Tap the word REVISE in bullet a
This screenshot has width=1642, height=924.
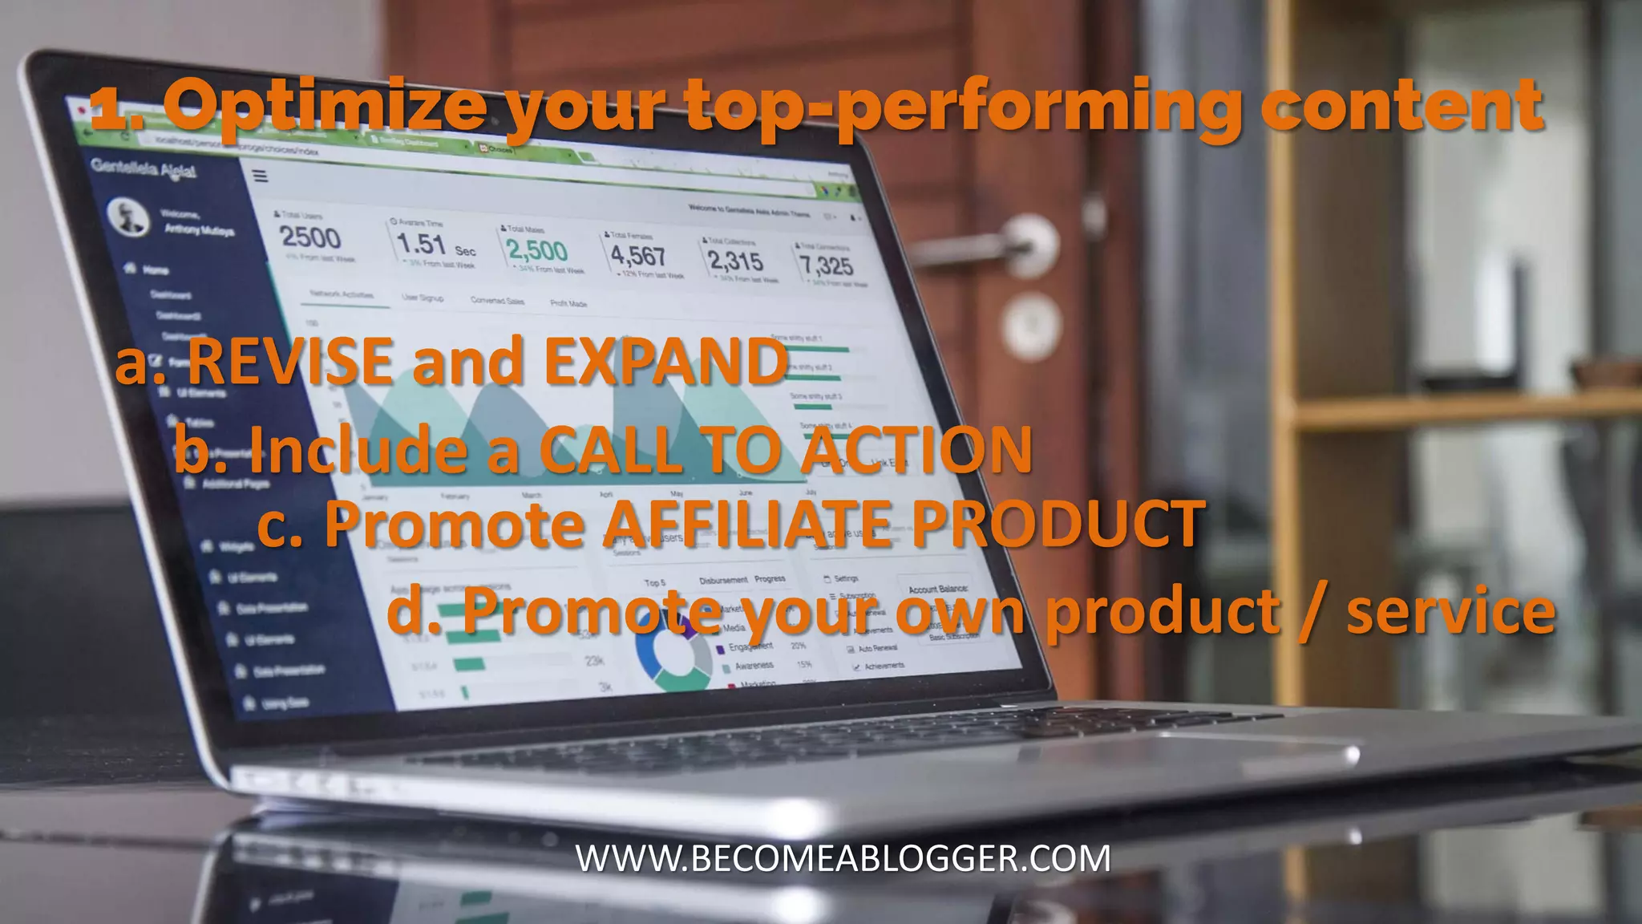point(290,361)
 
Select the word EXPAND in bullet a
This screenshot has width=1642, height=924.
point(665,361)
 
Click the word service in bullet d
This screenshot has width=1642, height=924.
point(1451,611)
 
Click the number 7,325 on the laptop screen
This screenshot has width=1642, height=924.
point(826,265)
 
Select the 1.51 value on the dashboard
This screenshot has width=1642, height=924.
point(421,244)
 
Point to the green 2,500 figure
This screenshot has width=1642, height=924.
point(537,251)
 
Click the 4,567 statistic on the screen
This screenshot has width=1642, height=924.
point(638,256)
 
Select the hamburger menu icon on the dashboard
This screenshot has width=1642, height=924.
point(260,176)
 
